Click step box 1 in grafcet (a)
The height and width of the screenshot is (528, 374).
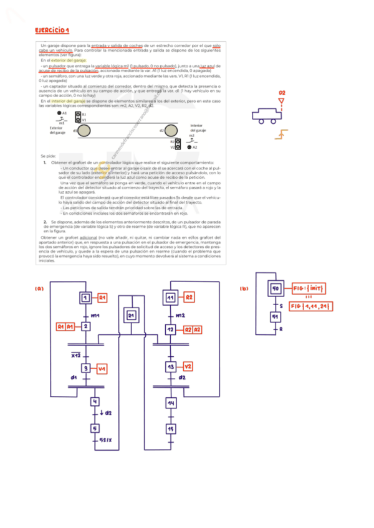pos(85,298)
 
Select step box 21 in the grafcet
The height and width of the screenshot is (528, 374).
pos(131,316)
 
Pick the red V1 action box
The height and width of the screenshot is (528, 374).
pos(102,369)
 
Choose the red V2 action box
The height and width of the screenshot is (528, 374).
pos(188,366)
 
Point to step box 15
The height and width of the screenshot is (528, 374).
pos(170,430)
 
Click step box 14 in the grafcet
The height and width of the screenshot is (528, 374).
pos(170,403)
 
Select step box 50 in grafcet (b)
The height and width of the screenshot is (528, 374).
pos(276,289)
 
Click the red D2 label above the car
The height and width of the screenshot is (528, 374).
pos(282,93)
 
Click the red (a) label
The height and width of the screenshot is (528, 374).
pos(39,288)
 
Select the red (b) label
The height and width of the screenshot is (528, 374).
pos(244,288)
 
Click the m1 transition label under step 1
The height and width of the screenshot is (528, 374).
pos(95,316)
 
